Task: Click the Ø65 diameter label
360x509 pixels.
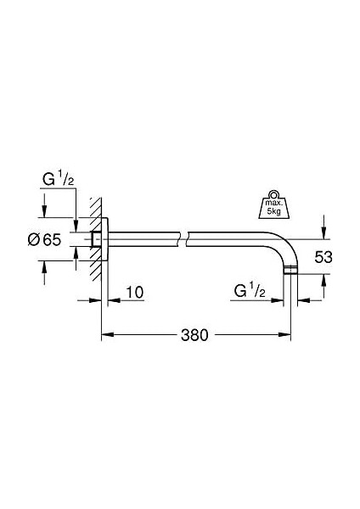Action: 45,240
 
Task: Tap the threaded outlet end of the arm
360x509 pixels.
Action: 292,271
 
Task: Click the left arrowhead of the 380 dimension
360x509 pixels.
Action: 105,334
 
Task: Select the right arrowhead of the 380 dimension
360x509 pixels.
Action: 288,334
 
